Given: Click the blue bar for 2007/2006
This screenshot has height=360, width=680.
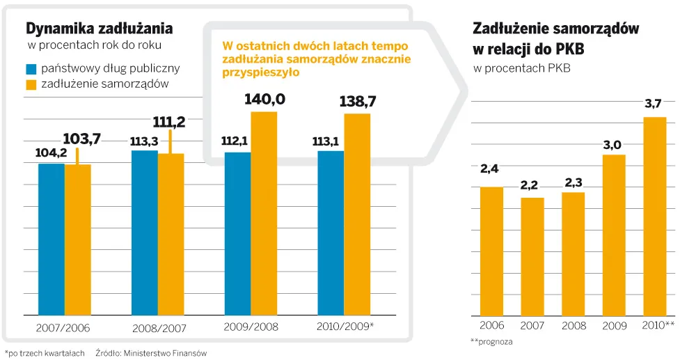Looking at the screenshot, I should point(51,239).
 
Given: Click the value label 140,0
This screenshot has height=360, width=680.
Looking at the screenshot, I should point(264,100).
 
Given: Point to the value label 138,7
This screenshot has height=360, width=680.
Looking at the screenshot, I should point(358,102).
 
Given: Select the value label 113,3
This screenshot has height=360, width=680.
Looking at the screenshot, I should point(143,141).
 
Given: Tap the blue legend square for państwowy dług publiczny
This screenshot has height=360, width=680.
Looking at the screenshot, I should point(31,69).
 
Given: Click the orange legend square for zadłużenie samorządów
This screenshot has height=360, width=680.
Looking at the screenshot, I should point(31,84).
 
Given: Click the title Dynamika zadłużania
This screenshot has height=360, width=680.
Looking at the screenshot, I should point(99,29).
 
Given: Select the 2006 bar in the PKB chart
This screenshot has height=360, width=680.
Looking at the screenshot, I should point(491,251).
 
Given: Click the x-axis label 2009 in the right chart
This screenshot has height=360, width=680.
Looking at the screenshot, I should point(614,326).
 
